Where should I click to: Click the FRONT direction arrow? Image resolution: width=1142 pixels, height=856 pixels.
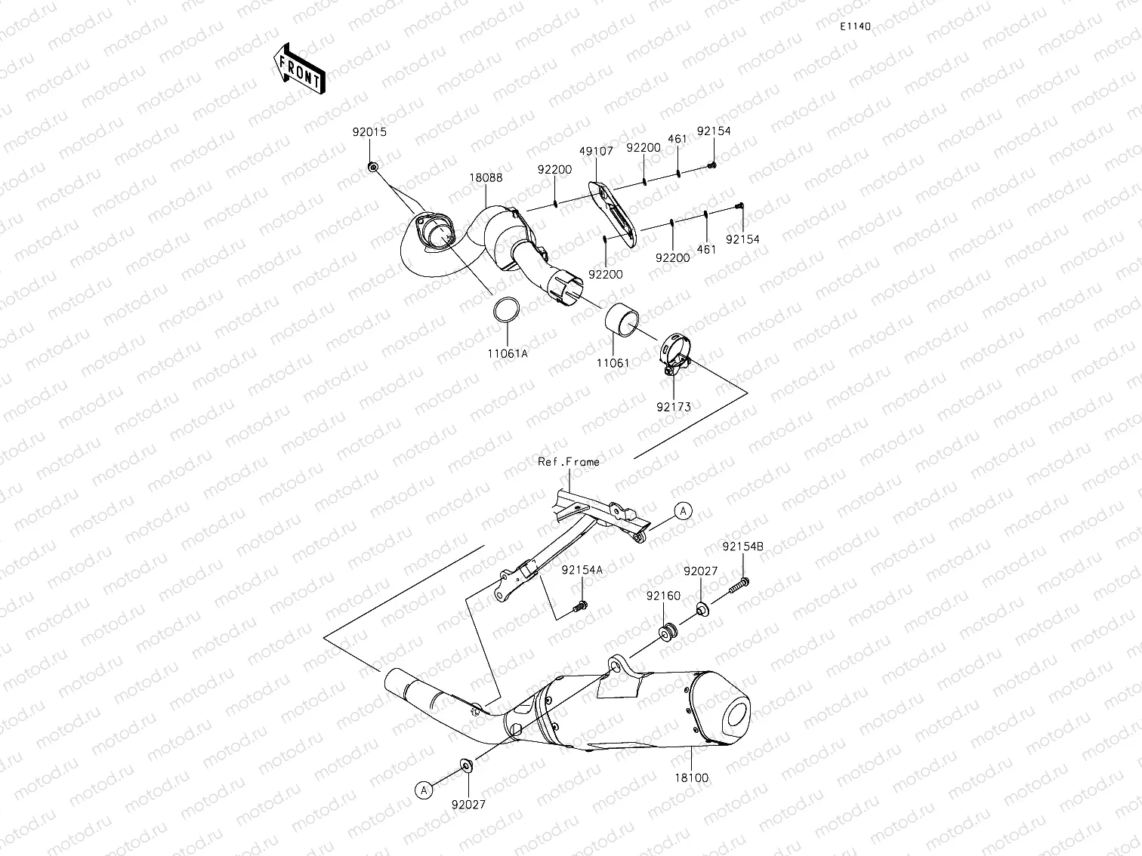299,68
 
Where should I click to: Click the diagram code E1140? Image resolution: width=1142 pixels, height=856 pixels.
856,26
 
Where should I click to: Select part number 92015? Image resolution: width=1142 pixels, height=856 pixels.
369,131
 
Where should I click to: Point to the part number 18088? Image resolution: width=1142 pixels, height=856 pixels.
486,178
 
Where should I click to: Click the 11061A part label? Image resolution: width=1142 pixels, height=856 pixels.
507,353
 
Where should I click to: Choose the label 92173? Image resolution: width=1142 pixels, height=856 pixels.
673,407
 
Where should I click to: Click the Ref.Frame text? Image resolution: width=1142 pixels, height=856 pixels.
568,461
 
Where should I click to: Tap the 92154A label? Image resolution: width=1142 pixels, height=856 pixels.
582,571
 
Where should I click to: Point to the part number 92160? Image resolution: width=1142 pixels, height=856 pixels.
663,596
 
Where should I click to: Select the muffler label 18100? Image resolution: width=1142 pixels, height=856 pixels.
693,777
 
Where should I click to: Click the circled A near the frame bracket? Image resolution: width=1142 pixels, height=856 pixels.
683,511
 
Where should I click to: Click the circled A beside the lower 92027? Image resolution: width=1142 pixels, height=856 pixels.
424,790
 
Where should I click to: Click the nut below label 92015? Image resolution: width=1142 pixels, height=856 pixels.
373,166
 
